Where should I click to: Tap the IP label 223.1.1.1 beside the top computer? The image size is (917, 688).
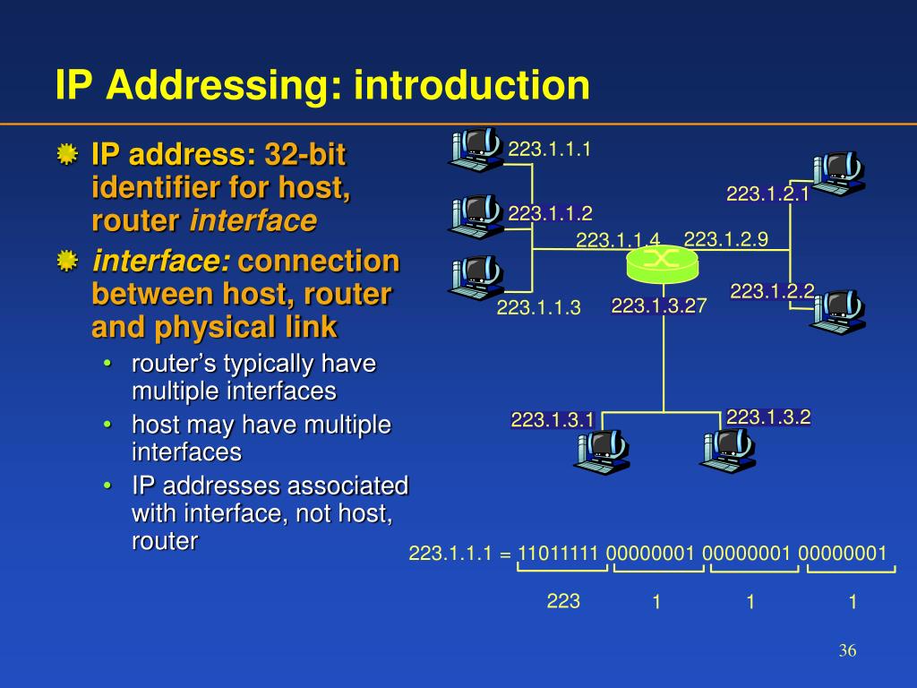point(550,149)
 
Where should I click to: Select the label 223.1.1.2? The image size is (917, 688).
point(550,213)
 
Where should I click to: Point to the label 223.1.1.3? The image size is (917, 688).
point(539,308)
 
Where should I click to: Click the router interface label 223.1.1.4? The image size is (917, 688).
point(618,240)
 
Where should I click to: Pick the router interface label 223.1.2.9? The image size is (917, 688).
point(725,238)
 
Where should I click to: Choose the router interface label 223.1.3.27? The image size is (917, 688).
point(659,306)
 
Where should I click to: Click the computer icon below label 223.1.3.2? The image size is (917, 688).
point(726,449)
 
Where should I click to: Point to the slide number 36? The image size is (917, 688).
point(847,651)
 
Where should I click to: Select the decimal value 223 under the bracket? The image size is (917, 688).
point(563,601)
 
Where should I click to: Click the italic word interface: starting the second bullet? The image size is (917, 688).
point(162,262)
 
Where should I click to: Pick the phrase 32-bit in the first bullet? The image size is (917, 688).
point(305,155)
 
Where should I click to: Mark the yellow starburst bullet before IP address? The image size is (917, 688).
point(66,154)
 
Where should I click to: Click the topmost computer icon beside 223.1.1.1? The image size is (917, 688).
point(476,149)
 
